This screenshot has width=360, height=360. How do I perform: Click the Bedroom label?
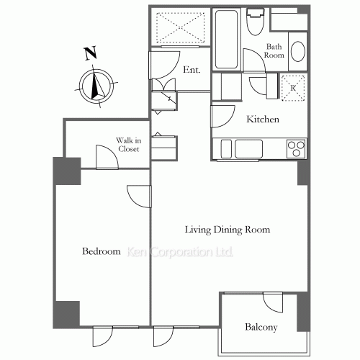102,251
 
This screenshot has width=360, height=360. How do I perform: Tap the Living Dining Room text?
228,230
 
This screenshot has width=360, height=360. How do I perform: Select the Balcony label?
261,327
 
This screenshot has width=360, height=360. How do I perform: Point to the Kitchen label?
263,120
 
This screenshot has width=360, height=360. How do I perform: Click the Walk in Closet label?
129,145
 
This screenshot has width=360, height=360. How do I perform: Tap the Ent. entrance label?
192,70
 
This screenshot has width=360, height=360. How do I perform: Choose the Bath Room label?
274,50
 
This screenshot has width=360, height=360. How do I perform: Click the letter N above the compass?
91,53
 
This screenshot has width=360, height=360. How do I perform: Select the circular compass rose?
96,86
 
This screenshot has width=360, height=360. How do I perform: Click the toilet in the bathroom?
256,22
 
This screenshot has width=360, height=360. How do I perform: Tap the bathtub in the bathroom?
227,39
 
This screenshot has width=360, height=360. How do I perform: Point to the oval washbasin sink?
298,52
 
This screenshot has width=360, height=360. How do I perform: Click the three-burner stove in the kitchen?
296,149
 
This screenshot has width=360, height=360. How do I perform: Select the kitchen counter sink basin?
249,149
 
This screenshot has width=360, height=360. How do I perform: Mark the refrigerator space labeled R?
293,88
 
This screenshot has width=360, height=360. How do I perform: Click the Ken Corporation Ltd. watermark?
180,252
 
